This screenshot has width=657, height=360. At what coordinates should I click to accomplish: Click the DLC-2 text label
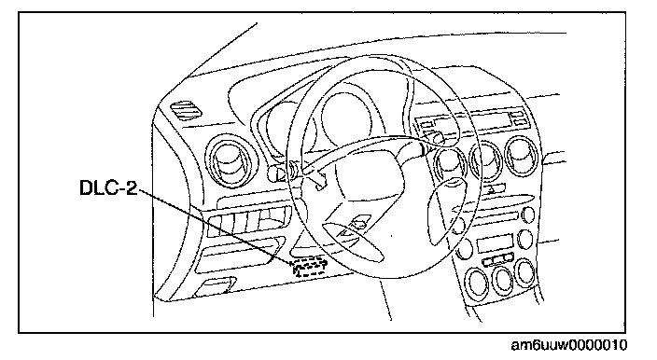click(108, 188)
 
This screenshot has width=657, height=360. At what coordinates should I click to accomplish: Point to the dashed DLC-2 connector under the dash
click(310, 267)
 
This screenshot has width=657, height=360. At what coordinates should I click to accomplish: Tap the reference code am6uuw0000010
click(569, 345)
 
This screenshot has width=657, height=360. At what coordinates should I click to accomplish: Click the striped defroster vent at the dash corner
click(186, 110)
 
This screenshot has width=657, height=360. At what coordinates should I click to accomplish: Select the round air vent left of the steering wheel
click(229, 159)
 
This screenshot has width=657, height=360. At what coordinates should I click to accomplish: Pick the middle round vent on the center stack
click(485, 160)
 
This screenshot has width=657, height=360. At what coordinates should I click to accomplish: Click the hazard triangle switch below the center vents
click(491, 189)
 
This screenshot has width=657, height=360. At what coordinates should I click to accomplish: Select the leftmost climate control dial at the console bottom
click(477, 283)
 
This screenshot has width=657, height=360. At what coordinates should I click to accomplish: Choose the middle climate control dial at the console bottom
click(502, 279)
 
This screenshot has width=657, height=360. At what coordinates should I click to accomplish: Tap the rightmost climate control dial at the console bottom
click(525, 272)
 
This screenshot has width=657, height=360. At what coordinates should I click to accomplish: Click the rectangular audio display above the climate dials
click(495, 243)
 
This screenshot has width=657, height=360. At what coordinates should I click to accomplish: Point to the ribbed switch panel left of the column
click(247, 221)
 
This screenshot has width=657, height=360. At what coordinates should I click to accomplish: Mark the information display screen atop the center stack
click(472, 120)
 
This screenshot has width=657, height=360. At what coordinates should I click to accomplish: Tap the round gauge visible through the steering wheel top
click(346, 118)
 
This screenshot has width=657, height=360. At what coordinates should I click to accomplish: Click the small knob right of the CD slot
click(528, 215)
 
